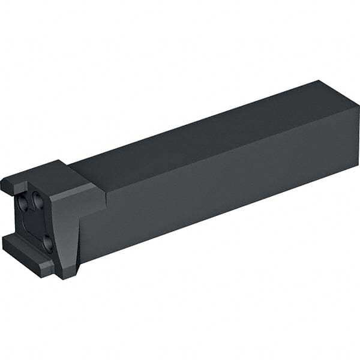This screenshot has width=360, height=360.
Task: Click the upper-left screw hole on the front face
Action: coord(23,204)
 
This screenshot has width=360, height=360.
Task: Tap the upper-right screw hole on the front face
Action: coord(38,202)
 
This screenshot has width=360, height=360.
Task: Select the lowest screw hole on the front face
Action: coord(48,244)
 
